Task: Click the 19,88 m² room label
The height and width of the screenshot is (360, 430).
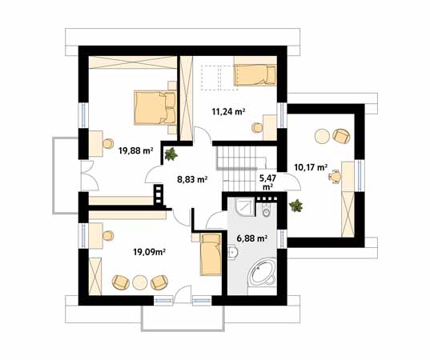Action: [136, 150]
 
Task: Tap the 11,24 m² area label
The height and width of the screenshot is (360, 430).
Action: [228, 112]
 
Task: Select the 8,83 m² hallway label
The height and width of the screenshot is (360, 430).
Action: [192, 179]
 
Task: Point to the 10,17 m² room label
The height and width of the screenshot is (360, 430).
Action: [311, 167]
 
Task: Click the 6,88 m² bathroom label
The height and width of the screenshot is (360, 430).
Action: [252, 238]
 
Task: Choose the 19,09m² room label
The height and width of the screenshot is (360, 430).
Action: [149, 252]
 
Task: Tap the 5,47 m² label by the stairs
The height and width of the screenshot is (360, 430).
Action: [267, 182]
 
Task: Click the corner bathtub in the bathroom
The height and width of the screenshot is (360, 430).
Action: [262, 272]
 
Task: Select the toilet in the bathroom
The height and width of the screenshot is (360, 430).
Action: [266, 210]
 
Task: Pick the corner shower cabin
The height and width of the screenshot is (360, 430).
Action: [245, 208]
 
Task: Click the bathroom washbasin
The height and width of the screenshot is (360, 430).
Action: [232, 252]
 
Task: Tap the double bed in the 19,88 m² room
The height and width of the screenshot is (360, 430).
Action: [155, 108]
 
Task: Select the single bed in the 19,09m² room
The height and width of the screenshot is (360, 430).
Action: [211, 254]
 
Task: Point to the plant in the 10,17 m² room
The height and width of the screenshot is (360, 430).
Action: [295, 206]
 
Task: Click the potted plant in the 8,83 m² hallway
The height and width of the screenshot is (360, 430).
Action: [171, 154]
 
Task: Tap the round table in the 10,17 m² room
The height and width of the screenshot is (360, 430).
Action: [322, 136]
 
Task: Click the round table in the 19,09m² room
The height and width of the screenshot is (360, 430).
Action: [140, 282]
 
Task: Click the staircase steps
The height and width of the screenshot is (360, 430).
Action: [237, 168]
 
